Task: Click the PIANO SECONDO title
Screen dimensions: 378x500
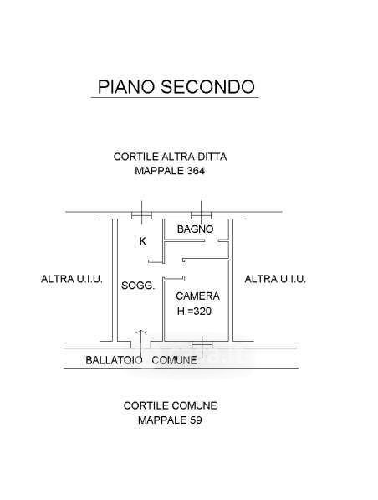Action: tap(176, 86)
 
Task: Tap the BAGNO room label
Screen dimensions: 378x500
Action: tap(195, 229)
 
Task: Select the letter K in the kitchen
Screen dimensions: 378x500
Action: tap(143, 241)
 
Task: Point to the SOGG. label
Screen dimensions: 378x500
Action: tap(138, 286)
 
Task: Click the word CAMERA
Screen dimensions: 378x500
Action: tap(197, 296)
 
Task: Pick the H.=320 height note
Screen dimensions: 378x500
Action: tap(194, 311)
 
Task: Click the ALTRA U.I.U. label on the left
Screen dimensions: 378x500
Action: tap(72, 279)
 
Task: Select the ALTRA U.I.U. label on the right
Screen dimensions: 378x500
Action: tap(275, 279)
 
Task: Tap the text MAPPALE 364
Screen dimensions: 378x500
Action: tap(170, 171)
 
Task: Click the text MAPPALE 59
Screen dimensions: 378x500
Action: tap(170, 420)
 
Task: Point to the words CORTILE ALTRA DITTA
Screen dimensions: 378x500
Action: tap(170, 157)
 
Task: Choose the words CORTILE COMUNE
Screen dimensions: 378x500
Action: tap(170, 405)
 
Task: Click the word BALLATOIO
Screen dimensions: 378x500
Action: tap(114, 360)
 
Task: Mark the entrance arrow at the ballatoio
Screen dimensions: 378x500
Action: tap(140, 339)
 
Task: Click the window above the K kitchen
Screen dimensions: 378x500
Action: tap(141, 215)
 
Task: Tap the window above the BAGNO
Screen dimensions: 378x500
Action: tap(201, 215)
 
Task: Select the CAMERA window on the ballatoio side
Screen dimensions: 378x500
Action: tap(202, 344)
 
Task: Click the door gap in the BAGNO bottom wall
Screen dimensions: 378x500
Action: tap(211, 240)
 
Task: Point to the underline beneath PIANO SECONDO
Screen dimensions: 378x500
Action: tap(175, 97)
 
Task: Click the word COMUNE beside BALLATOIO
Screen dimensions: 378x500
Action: tap(174, 360)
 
